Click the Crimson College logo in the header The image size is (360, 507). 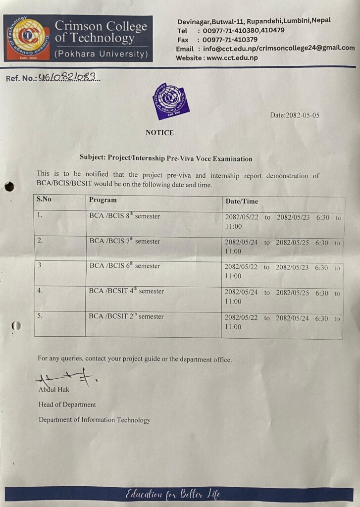28,38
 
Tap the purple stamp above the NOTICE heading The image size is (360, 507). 171,101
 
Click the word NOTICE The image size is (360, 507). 159,133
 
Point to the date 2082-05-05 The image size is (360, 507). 295,115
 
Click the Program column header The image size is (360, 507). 103,200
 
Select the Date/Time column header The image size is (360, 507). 242,202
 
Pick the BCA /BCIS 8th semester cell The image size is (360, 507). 125,216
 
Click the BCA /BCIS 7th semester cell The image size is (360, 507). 125,241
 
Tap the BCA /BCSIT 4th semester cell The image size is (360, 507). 126,291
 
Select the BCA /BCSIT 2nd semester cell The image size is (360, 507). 126,316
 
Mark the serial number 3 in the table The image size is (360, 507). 39,265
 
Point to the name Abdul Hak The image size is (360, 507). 54,390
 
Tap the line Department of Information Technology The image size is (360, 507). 95,420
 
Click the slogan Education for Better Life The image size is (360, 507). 173,494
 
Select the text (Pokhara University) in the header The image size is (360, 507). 101,53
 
